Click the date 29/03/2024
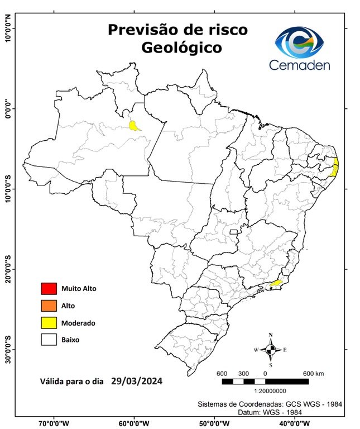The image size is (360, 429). pos(137,382)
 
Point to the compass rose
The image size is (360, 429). pos(270,350)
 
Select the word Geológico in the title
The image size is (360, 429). pos(181,47)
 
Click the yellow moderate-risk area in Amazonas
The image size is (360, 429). pos(135,126)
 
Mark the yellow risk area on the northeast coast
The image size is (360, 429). pos(335,166)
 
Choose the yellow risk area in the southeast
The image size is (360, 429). pos(276,283)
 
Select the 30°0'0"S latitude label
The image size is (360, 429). pos(8,349)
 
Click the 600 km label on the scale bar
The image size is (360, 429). pos(313,374)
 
